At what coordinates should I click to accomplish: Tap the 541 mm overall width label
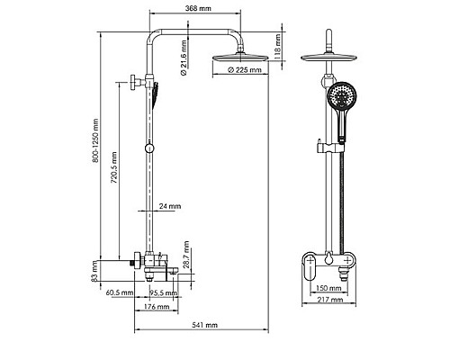coord(206,327)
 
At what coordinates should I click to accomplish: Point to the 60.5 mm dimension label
coord(120,292)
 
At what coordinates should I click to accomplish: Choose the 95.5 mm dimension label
coord(161,292)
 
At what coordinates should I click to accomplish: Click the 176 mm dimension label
coord(157,307)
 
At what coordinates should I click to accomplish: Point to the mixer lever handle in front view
coord(308,266)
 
